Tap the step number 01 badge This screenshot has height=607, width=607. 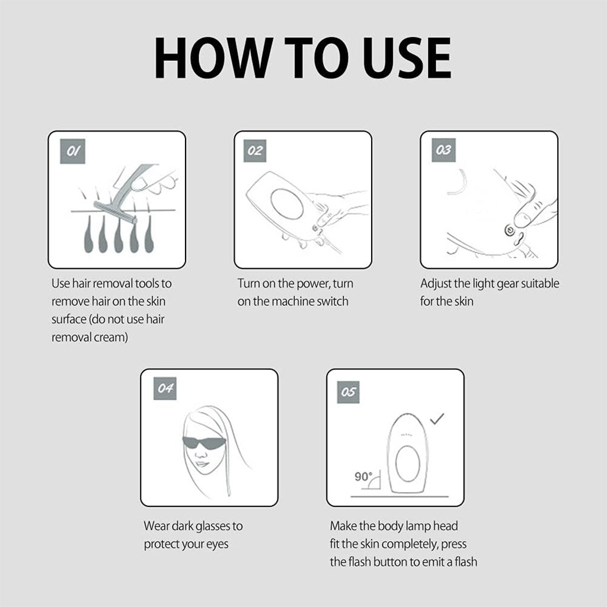click(x=72, y=151)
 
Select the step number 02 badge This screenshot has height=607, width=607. click(x=255, y=151)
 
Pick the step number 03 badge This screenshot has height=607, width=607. click(x=443, y=150)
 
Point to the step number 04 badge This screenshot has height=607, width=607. click(x=165, y=388)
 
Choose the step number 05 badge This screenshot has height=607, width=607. click(x=348, y=392)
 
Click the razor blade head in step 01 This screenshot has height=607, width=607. click(x=115, y=213)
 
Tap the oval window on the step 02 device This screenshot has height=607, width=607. click(x=287, y=204)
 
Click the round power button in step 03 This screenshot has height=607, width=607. click(x=510, y=231)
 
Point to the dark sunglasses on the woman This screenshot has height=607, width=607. click(x=204, y=442)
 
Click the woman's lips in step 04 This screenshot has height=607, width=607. click(x=201, y=464)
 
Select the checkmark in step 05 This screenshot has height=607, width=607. click(x=437, y=419)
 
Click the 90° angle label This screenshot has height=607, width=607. click(x=363, y=477)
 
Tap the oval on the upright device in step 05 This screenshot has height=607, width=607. click(x=408, y=464)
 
